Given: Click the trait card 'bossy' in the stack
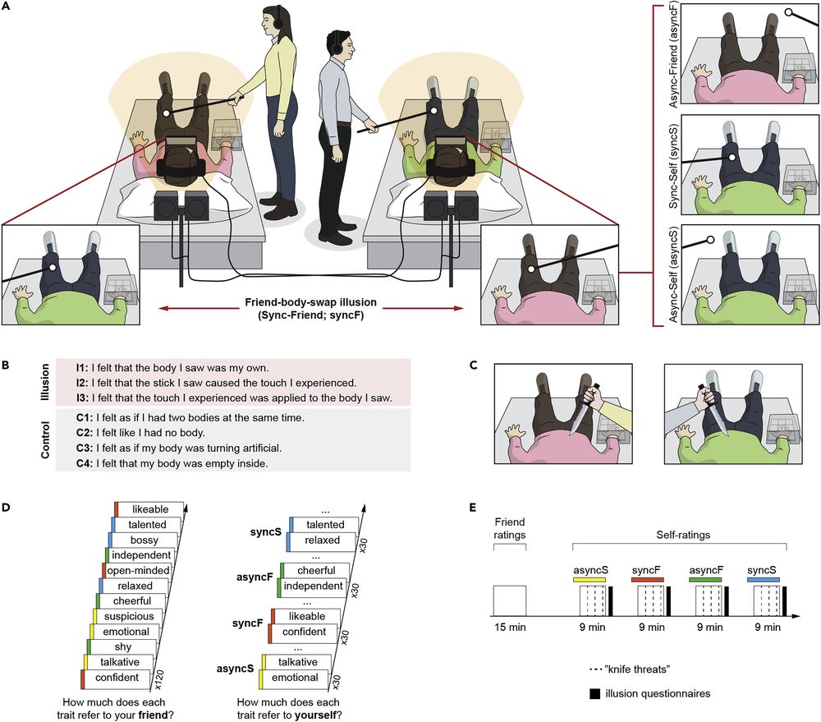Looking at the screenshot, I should [x=144, y=540].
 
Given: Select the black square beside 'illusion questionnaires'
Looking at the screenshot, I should [x=593, y=694].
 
